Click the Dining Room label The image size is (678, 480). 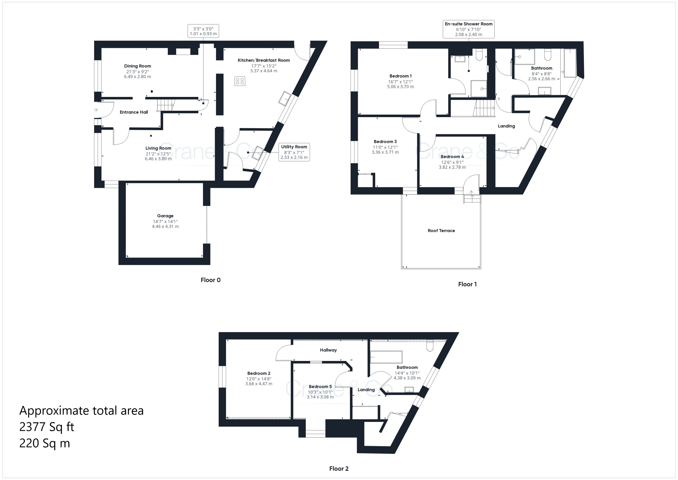tap(137, 66)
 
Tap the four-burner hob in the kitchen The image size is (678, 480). tap(240, 81)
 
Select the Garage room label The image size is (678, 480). tap(165, 216)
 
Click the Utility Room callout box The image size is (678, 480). tap(294, 152)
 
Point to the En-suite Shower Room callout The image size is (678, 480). tap(469, 29)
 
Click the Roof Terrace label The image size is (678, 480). tap(441, 231)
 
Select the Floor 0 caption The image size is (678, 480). tap(211, 280)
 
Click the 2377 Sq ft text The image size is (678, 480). tap(47, 427)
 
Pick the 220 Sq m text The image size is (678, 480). tap(45, 443)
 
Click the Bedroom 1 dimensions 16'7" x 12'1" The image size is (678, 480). tap(400, 82)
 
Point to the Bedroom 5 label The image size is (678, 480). tap(320, 387)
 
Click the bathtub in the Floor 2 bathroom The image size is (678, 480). tap(386, 357)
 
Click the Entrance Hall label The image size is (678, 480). tap(134, 112)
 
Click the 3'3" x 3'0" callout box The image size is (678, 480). tap(203, 31)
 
